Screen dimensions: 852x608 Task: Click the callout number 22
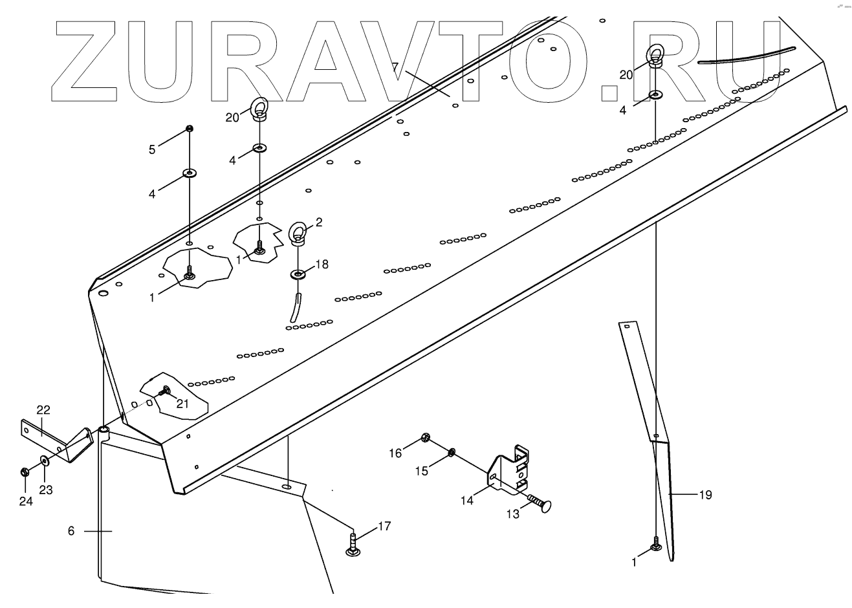(43, 410)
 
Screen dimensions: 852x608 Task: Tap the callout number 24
(25, 501)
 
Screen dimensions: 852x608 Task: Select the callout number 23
(45, 490)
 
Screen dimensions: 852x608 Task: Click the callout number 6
(71, 531)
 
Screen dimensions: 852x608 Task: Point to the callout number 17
(384, 527)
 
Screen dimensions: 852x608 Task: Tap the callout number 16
(395, 453)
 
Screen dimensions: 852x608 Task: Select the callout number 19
(705, 495)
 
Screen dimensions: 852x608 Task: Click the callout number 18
(322, 264)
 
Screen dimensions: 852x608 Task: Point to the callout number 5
(152, 150)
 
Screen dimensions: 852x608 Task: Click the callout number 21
(182, 404)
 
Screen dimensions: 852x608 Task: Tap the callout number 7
(395, 67)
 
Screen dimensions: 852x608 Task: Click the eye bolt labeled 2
(298, 234)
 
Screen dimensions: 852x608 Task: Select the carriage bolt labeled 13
(538, 504)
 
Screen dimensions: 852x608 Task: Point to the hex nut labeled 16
(425, 437)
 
